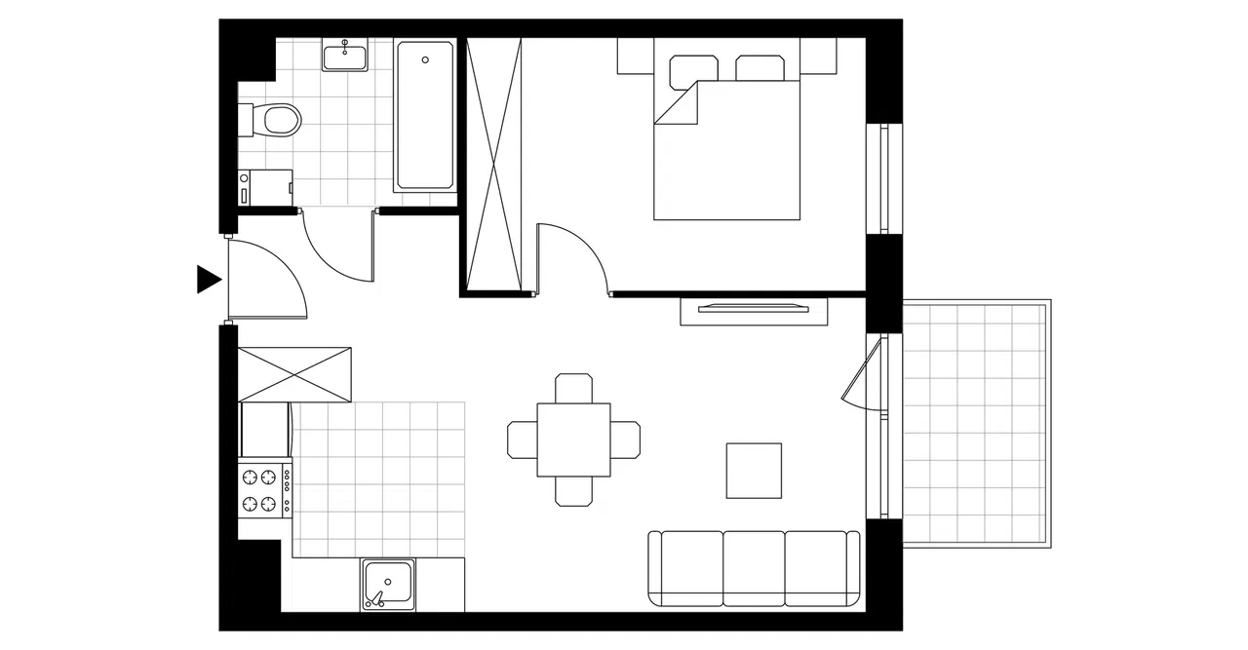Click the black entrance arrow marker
point(208,279)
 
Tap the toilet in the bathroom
point(278,119)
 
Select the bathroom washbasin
point(345,57)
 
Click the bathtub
point(425,115)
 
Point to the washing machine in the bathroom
point(266,187)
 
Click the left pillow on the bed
point(694,69)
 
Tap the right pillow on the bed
point(760,68)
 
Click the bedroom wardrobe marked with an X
point(495,164)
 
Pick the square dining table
point(574,440)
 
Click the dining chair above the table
point(573,388)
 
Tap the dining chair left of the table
point(523,440)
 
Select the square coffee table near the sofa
point(754,471)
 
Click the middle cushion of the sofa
point(754,568)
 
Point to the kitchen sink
point(388,584)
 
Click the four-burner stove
point(263,490)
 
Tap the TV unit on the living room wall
point(754,310)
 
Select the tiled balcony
point(975,423)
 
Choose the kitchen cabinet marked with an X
point(295,374)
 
